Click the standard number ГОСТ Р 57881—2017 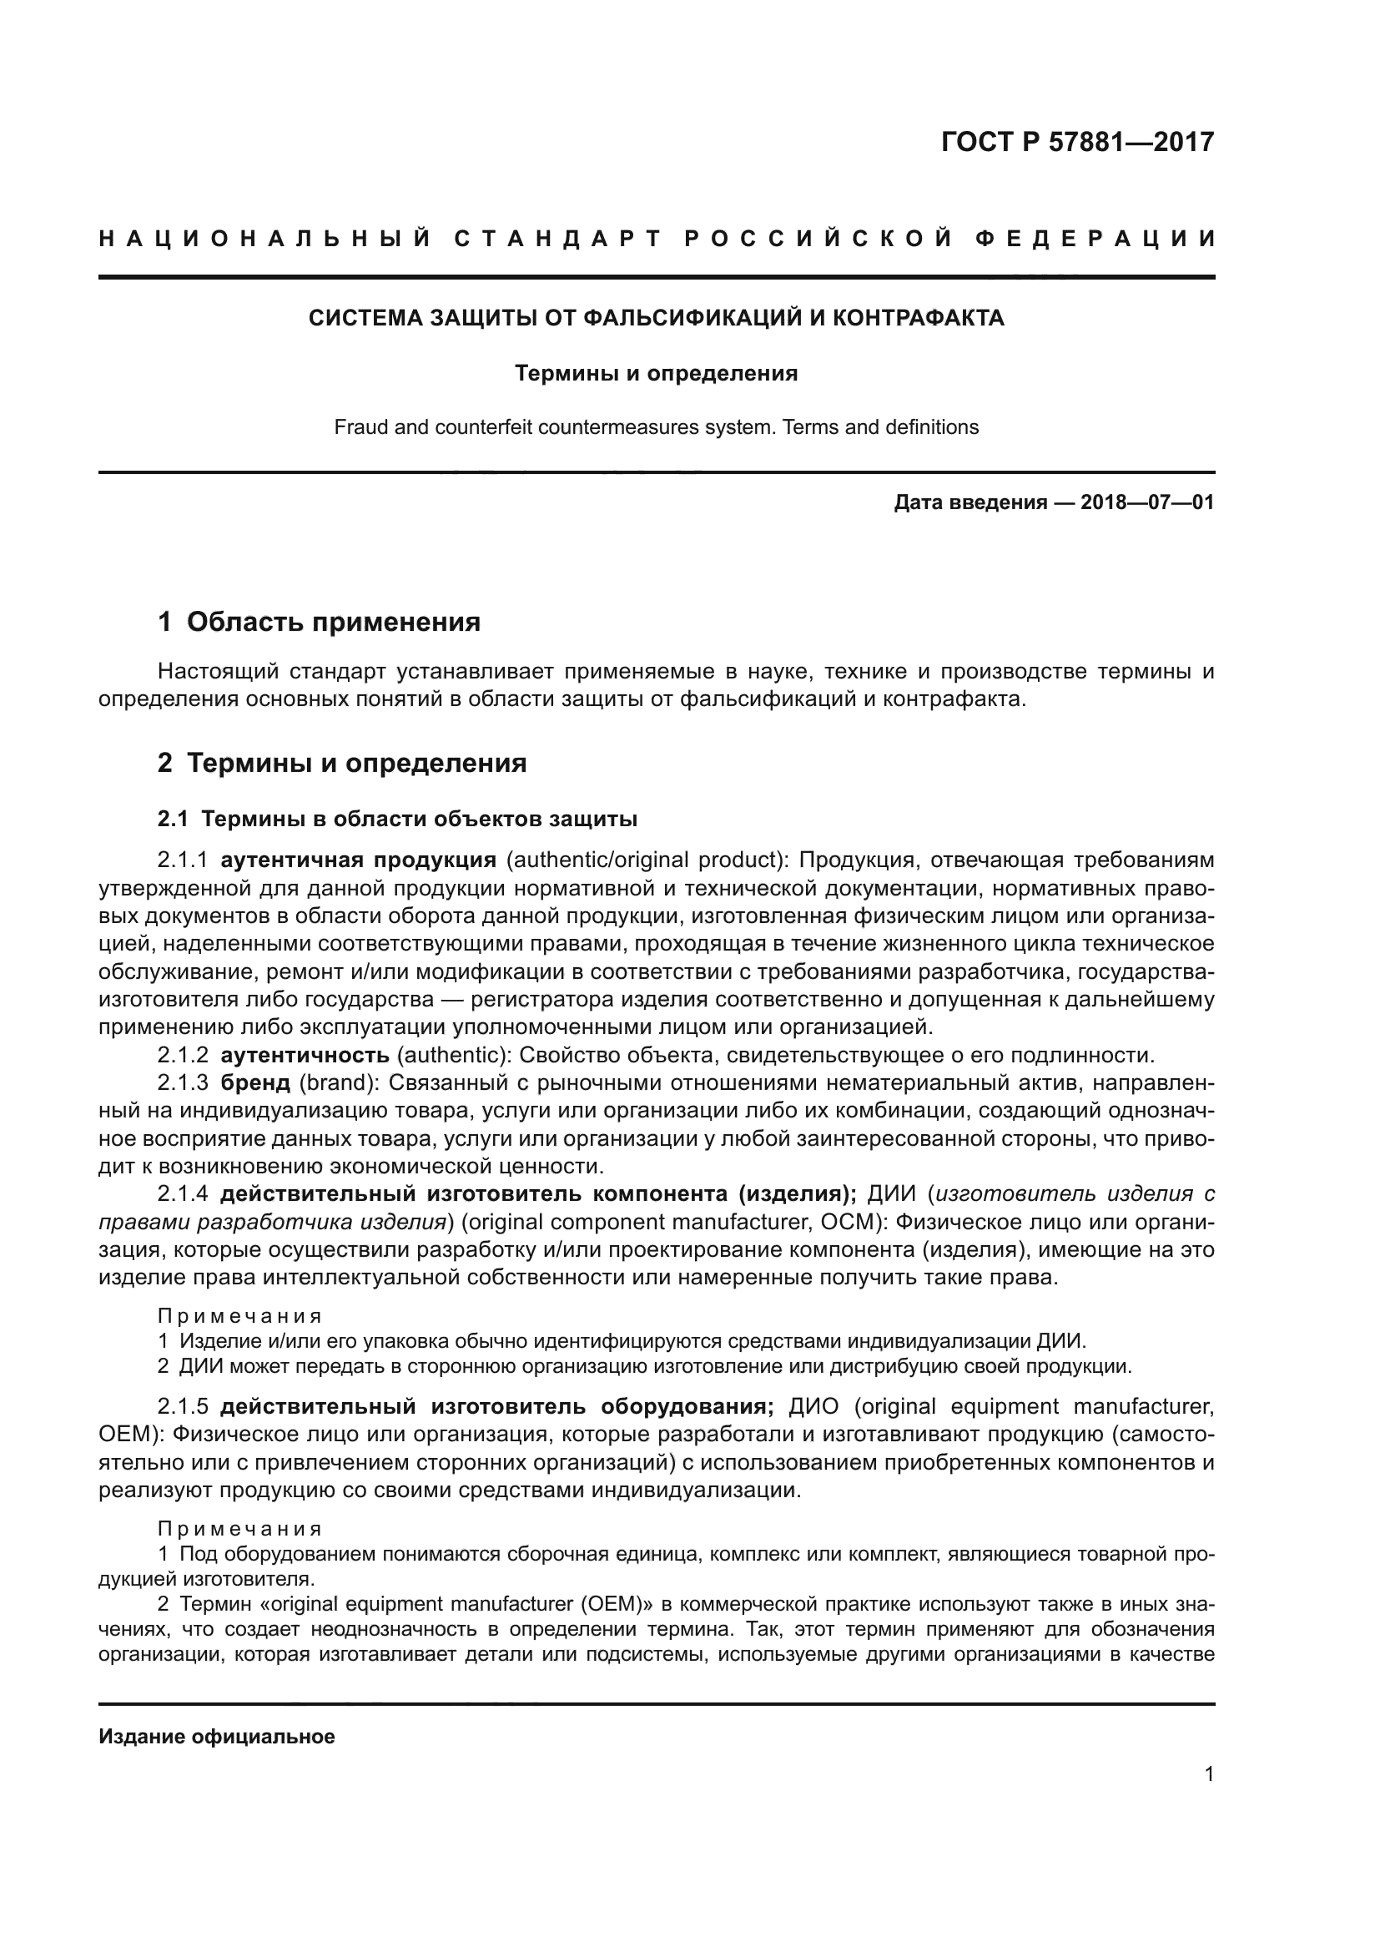tap(1077, 142)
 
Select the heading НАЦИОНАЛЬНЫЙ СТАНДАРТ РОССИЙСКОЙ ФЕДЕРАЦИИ tap(657, 239)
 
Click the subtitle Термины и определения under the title tap(656, 373)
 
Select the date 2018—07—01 tap(1147, 502)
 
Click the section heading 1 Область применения tap(319, 622)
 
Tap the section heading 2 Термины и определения tap(341, 763)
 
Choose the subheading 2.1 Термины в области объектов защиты tap(397, 819)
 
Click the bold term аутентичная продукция tap(358, 860)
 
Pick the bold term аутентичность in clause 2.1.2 tap(305, 1056)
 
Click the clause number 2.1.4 tap(183, 1194)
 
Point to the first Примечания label tap(239, 1316)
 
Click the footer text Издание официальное tap(217, 1737)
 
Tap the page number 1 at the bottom tap(1208, 1774)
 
